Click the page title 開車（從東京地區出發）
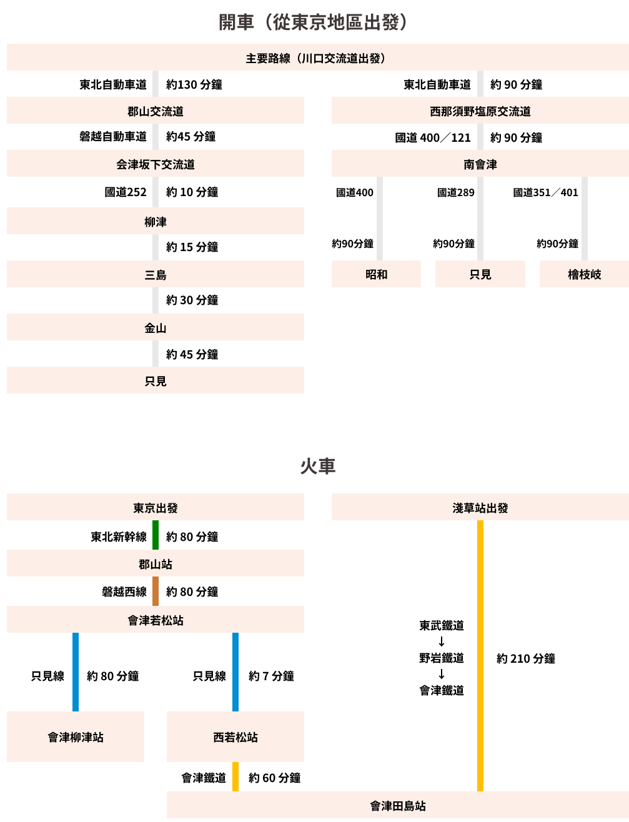(x=314, y=22)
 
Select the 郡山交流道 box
(x=156, y=111)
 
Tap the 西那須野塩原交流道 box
(x=480, y=111)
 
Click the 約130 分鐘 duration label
(x=194, y=84)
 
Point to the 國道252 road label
(x=126, y=192)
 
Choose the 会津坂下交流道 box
(x=156, y=164)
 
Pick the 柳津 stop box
(x=156, y=222)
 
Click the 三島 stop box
(x=156, y=275)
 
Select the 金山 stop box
(x=156, y=328)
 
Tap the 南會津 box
(x=480, y=164)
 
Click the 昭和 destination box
(x=376, y=275)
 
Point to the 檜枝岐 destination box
(x=584, y=275)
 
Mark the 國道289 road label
(x=456, y=192)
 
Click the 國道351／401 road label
(x=545, y=192)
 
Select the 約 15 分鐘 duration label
(x=192, y=247)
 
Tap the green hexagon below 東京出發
(x=156, y=535)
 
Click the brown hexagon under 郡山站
(x=156, y=591)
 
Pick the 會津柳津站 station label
(x=76, y=737)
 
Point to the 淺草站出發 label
(x=480, y=508)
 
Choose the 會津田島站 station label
(x=398, y=806)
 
